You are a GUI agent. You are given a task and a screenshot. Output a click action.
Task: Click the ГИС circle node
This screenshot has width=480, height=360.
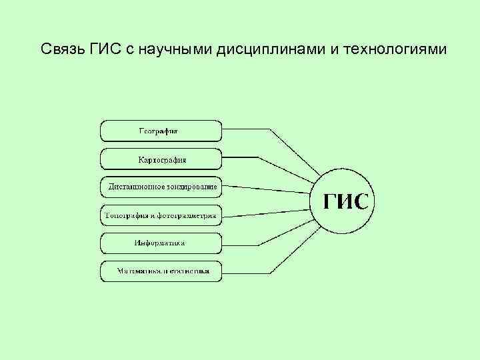[345, 201]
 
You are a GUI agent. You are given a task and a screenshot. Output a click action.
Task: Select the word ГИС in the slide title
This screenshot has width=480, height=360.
[104, 50]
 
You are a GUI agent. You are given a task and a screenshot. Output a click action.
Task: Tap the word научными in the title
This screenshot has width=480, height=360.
[174, 50]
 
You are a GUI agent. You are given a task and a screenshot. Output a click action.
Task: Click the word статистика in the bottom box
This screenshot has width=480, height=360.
[189, 271]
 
